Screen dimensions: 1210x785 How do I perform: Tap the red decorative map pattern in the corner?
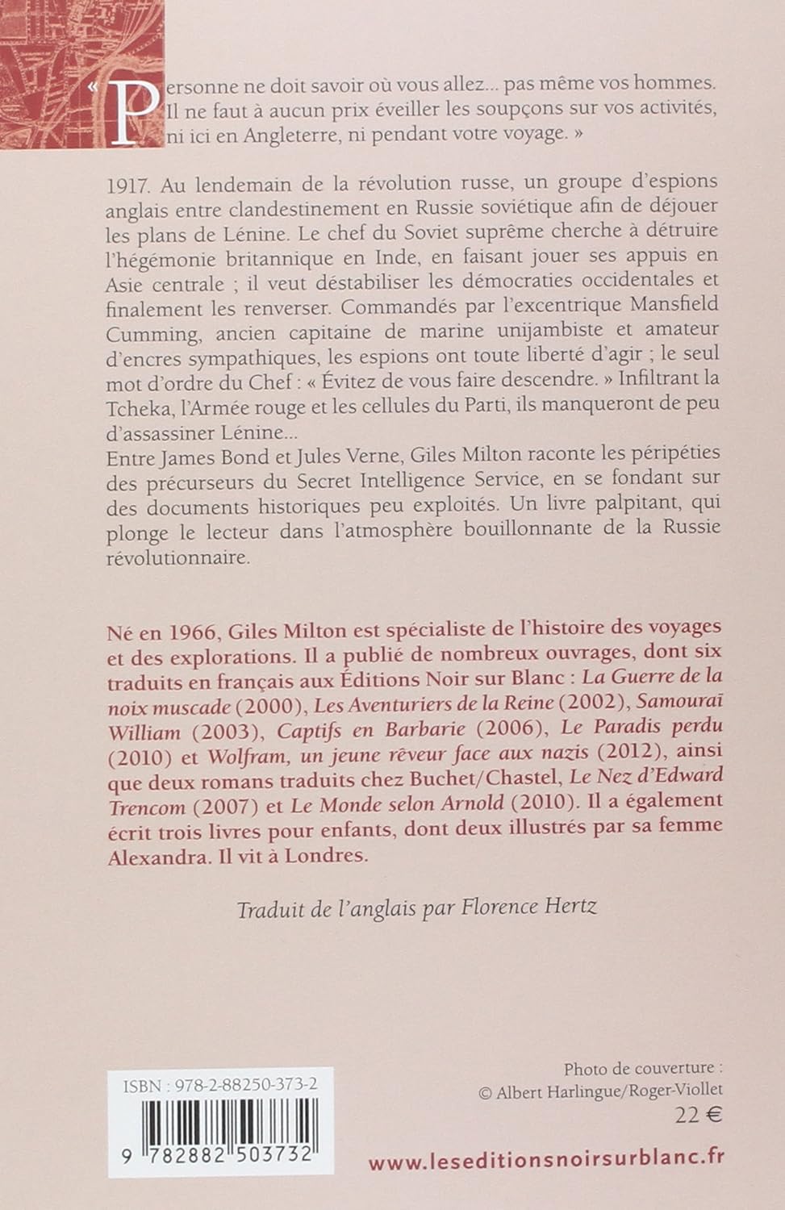pyautogui.click(x=48, y=48)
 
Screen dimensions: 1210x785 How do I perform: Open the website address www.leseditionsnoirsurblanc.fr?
pyautogui.click(x=546, y=1160)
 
